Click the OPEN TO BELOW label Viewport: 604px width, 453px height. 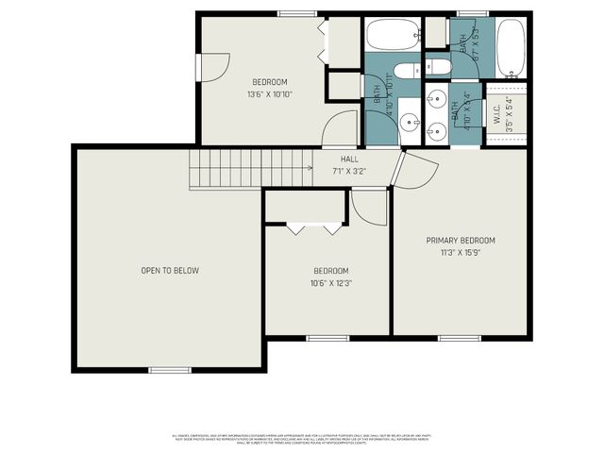tap(170, 271)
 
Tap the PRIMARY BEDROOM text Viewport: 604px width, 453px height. tap(460, 241)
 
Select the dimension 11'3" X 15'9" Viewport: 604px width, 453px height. tap(460, 253)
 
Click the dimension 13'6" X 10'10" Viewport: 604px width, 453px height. tap(269, 94)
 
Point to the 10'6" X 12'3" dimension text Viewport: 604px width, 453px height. tap(330, 283)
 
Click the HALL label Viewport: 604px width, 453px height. tap(349, 159)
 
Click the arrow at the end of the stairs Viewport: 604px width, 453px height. tap(310, 169)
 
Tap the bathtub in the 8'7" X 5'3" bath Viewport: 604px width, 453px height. tap(510, 48)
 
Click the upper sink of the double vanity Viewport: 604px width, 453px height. tap(437, 98)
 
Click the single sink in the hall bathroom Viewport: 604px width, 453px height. tap(409, 122)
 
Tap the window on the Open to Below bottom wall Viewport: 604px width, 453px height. tap(170, 370)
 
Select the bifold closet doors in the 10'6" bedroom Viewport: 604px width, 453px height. tap(314, 227)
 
